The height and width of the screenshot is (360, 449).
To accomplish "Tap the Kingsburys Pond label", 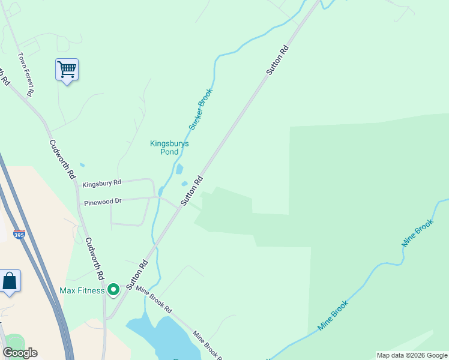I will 169,148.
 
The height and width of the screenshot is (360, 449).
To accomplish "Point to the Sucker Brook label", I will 200,109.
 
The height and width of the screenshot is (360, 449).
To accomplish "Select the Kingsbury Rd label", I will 102,182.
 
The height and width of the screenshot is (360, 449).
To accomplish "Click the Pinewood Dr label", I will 103,202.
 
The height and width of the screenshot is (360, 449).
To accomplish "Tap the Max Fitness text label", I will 82,291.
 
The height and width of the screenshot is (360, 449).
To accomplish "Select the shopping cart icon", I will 67,70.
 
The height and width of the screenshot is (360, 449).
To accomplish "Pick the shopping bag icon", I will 10,281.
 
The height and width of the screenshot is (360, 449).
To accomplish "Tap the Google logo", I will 20,353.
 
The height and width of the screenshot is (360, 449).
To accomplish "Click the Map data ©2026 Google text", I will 412,355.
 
